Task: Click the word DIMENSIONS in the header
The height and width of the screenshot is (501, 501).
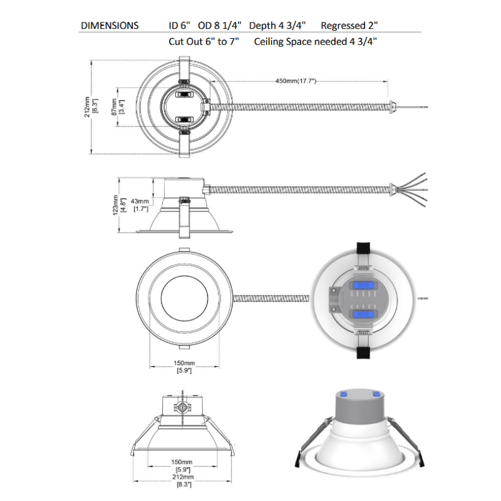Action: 110,26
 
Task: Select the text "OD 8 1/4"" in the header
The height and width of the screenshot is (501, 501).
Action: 220,26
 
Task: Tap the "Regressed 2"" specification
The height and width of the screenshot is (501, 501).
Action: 349,26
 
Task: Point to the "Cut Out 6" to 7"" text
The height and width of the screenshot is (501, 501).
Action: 204,41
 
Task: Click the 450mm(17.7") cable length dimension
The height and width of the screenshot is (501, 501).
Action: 296,81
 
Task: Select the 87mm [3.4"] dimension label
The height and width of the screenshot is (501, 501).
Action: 117,107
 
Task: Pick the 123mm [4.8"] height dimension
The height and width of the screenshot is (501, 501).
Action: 119,205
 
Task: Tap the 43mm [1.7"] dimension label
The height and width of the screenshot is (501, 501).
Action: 140,205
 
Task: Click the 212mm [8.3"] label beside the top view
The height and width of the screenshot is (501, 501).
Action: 91,107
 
